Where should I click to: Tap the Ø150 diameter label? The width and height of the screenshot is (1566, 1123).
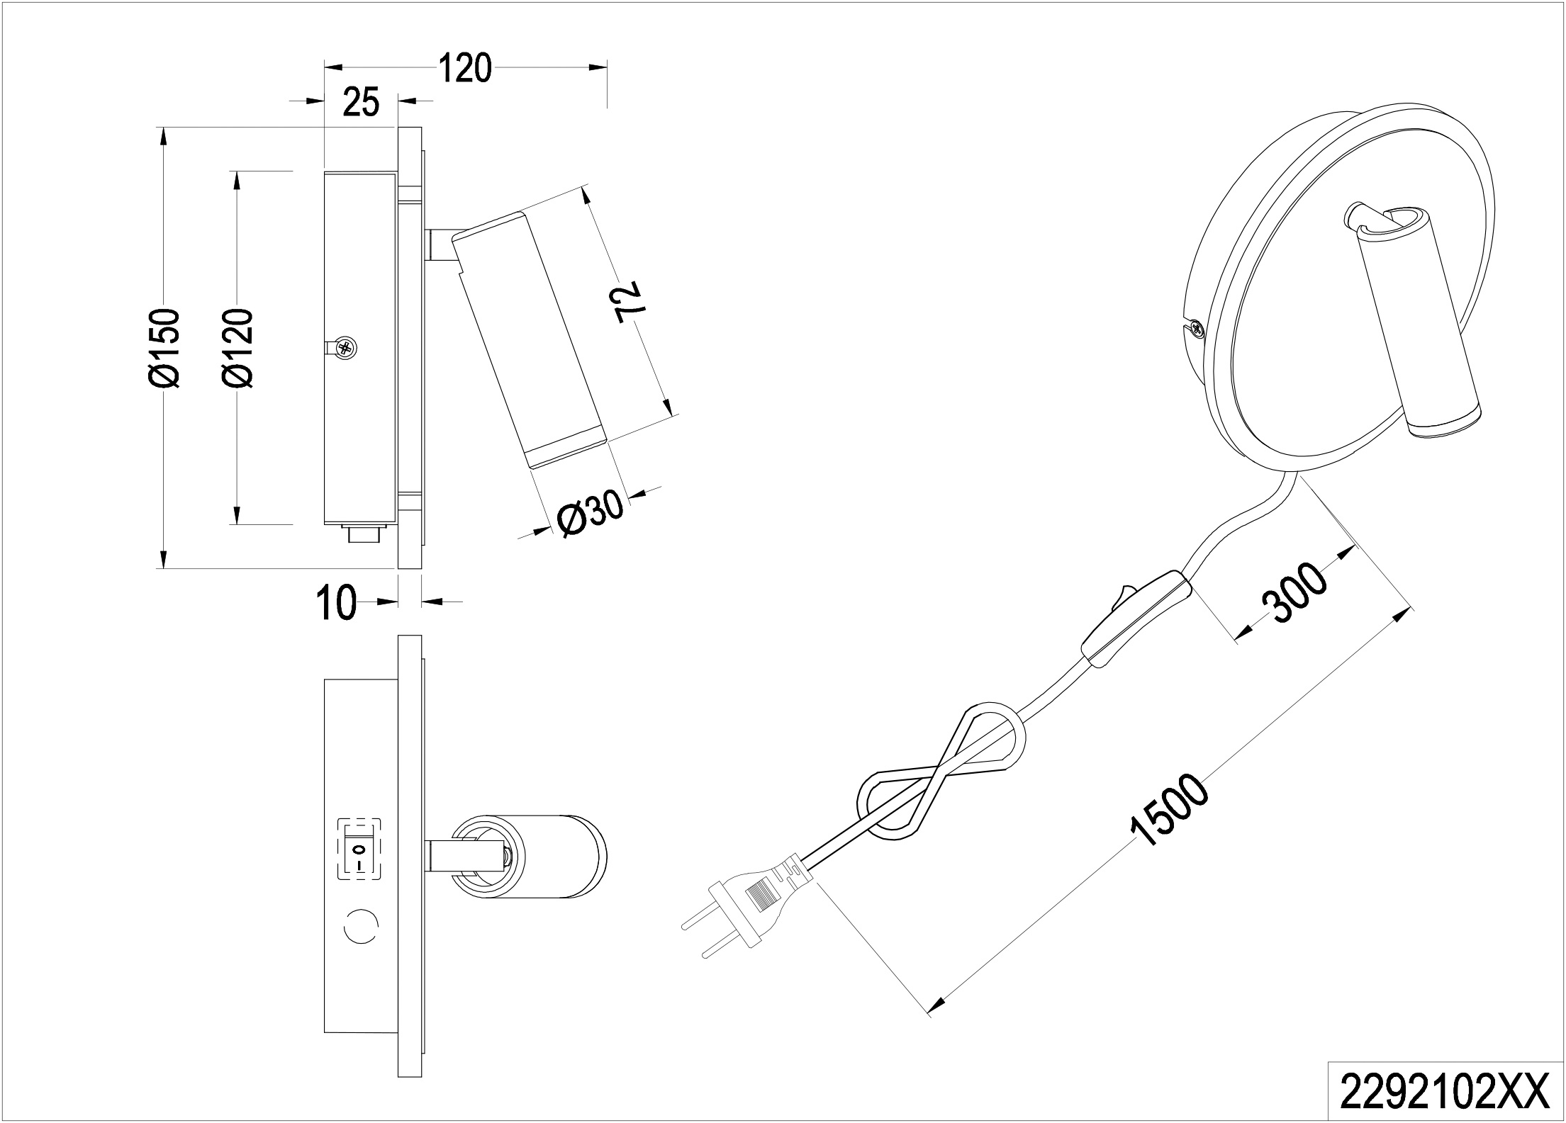(165, 348)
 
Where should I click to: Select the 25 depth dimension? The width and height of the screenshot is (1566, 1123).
(360, 103)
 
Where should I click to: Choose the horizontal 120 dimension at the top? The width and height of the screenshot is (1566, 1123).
(464, 69)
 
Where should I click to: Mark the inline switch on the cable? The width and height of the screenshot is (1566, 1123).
(1134, 614)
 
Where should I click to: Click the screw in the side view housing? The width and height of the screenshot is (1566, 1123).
(346, 347)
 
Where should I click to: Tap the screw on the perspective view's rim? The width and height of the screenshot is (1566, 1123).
(1197, 328)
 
